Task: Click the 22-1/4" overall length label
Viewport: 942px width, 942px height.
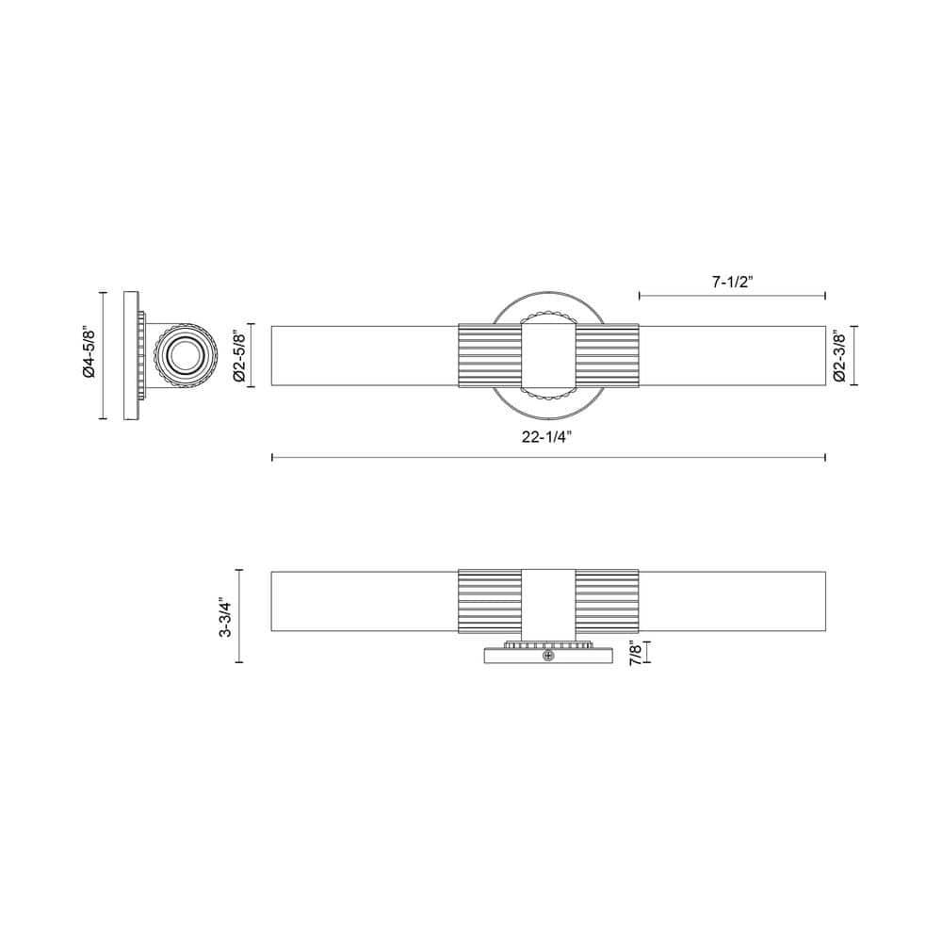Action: [545, 437]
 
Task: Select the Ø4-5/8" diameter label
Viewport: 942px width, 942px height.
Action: [89, 352]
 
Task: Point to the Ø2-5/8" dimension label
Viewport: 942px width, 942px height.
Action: [239, 355]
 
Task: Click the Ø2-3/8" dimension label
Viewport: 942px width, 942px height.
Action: [839, 355]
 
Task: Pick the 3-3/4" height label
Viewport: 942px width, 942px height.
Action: [225, 616]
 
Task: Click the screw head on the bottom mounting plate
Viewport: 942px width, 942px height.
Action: [548, 656]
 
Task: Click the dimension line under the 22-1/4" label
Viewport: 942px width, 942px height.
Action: [548, 457]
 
